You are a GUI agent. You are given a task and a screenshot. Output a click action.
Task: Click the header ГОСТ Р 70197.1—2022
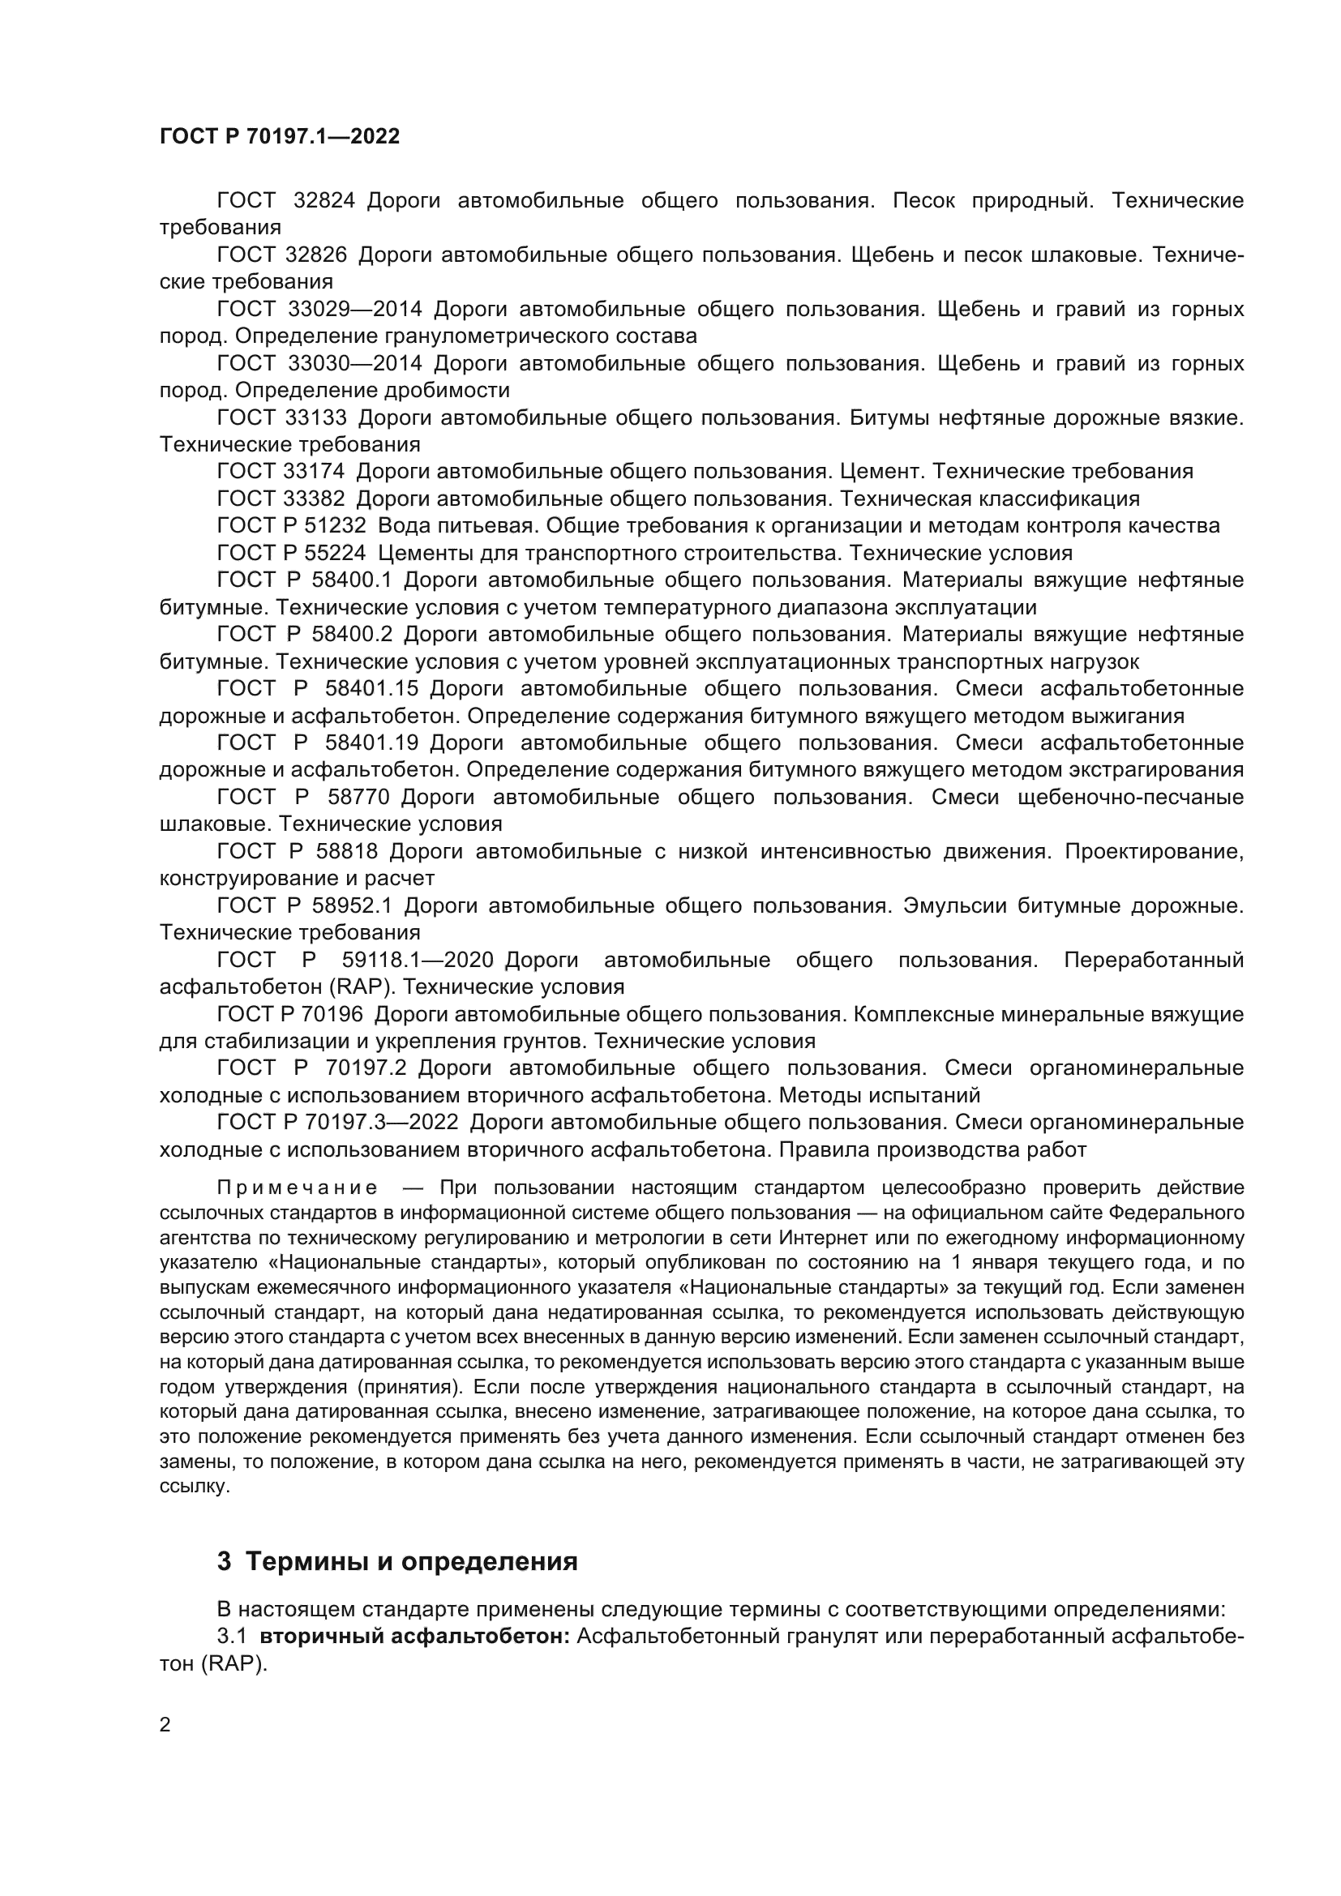[279, 137]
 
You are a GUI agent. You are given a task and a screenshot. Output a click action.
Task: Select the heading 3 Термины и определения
[397, 1562]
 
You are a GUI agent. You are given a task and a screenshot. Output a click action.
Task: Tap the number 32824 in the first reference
[323, 201]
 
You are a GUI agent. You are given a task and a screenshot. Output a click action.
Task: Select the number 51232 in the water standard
[336, 526]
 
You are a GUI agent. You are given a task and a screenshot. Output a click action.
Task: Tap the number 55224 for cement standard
[336, 553]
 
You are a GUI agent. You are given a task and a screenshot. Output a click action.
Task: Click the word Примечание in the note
[298, 1188]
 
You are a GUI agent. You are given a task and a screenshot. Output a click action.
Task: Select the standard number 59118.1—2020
[417, 961]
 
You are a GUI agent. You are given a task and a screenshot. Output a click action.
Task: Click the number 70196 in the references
[333, 1014]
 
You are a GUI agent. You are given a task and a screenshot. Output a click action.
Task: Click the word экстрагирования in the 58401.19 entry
[1156, 769]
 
